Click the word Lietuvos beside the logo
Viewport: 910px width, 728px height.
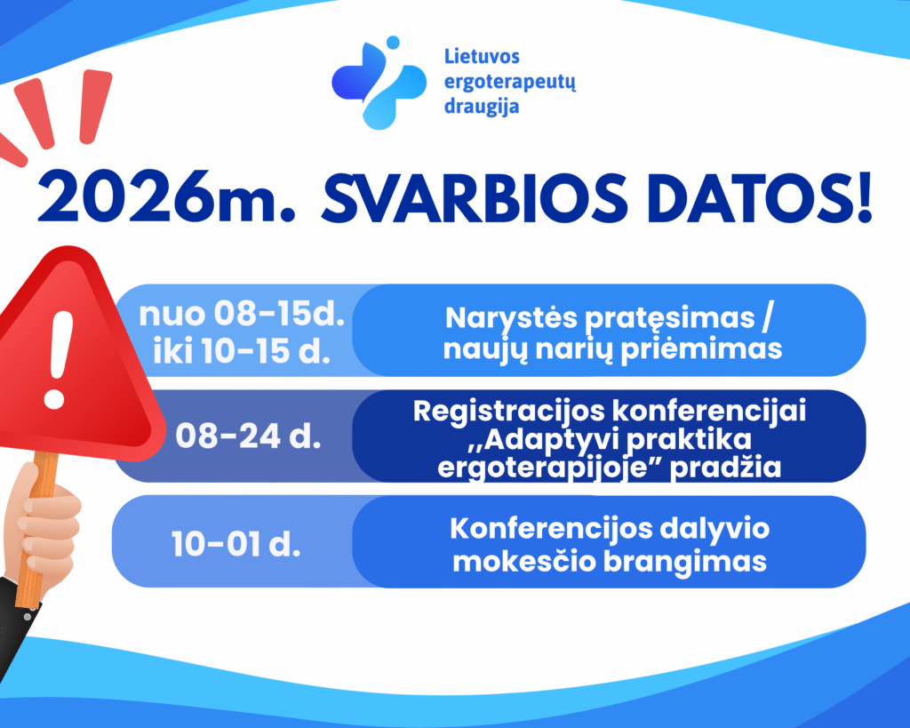482,56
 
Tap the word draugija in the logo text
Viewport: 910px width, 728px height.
481,107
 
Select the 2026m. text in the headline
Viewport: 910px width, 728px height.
166,196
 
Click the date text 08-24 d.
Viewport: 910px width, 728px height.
248,436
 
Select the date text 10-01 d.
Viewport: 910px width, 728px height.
235,544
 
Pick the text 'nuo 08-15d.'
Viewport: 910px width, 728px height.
242,314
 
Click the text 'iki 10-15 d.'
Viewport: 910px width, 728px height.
242,350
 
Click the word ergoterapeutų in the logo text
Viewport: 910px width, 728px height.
510,82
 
